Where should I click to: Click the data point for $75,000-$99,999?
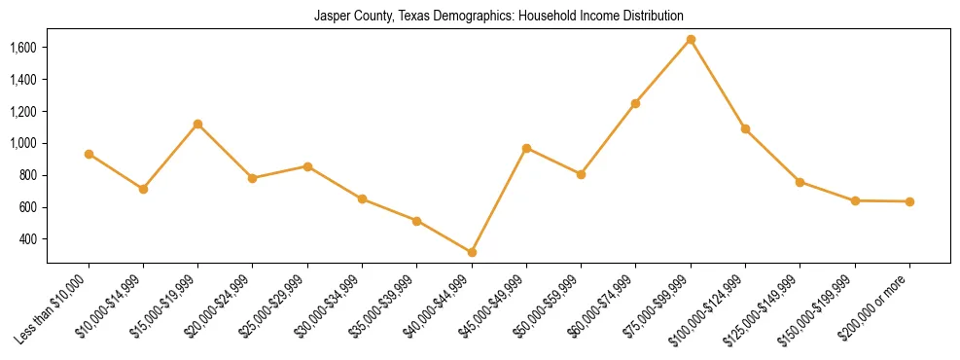pyautogui.click(x=691, y=39)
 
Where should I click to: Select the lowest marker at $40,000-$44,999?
pyautogui.click(x=472, y=252)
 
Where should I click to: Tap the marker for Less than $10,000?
pyautogui.click(x=89, y=154)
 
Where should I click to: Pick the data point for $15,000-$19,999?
pyautogui.click(x=198, y=124)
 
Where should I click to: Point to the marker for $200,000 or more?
pyautogui.click(x=909, y=201)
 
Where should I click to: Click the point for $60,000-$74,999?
pyautogui.click(x=635, y=103)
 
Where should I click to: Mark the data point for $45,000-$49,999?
pyautogui.click(x=526, y=148)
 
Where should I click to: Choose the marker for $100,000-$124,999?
pyautogui.click(x=745, y=128)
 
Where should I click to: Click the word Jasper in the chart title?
pyautogui.click(x=330, y=17)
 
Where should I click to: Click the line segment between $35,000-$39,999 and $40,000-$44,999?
pyautogui.click(x=444, y=236)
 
